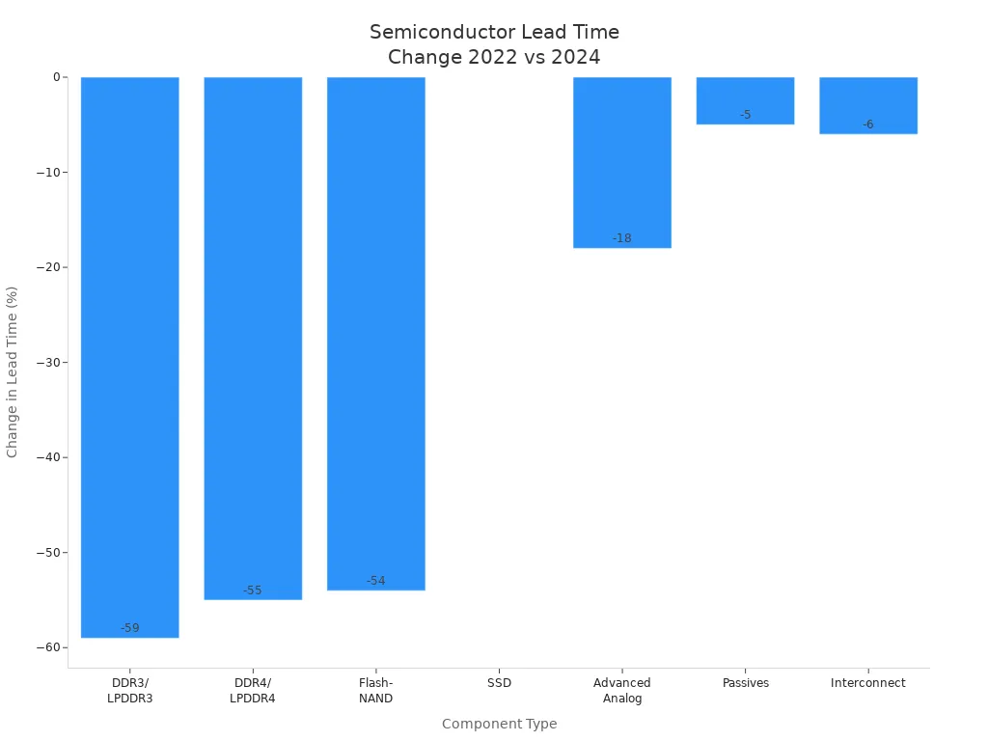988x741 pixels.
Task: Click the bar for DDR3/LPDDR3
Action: [129, 357]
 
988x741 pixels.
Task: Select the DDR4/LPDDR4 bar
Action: [253, 338]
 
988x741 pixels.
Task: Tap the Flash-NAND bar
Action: [376, 333]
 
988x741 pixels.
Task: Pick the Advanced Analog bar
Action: [622, 162]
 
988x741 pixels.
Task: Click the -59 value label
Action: [129, 628]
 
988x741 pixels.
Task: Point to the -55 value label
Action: [253, 590]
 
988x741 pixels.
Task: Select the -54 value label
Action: [376, 581]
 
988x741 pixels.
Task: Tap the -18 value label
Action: [622, 238]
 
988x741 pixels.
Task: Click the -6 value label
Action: [868, 124]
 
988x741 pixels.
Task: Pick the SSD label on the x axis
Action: [499, 683]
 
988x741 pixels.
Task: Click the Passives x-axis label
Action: [745, 683]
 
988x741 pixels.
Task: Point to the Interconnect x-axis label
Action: [868, 683]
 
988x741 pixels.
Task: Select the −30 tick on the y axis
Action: [47, 363]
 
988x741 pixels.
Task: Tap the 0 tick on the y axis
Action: [56, 77]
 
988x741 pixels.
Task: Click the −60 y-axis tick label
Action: [47, 647]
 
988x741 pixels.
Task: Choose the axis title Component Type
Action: [499, 724]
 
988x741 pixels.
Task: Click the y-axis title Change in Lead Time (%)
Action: [13, 371]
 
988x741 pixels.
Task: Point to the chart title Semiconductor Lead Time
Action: [494, 33]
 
